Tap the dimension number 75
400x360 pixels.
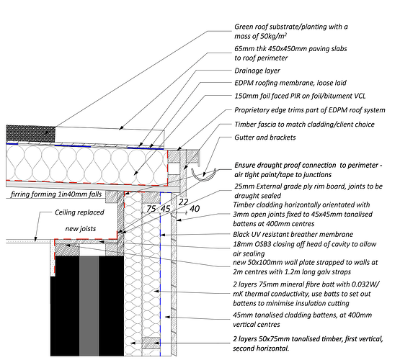(151, 209)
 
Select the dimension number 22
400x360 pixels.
(183, 202)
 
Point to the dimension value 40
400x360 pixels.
(195, 209)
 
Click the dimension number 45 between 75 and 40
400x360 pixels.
(165, 209)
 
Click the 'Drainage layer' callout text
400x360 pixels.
(257, 71)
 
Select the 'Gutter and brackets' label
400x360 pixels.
(265, 138)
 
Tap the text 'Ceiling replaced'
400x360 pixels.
(79, 212)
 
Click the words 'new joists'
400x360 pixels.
(81, 229)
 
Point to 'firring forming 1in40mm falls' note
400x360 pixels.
(56, 194)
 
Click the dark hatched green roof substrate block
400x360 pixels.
(30, 134)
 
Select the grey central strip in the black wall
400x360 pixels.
(89, 306)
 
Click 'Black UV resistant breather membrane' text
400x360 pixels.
(293, 235)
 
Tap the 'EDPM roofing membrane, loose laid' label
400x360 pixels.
(290, 83)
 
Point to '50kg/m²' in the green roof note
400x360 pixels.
(273, 36)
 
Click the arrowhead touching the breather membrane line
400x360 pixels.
(163, 235)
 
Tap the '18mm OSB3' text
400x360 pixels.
(249, 244)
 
